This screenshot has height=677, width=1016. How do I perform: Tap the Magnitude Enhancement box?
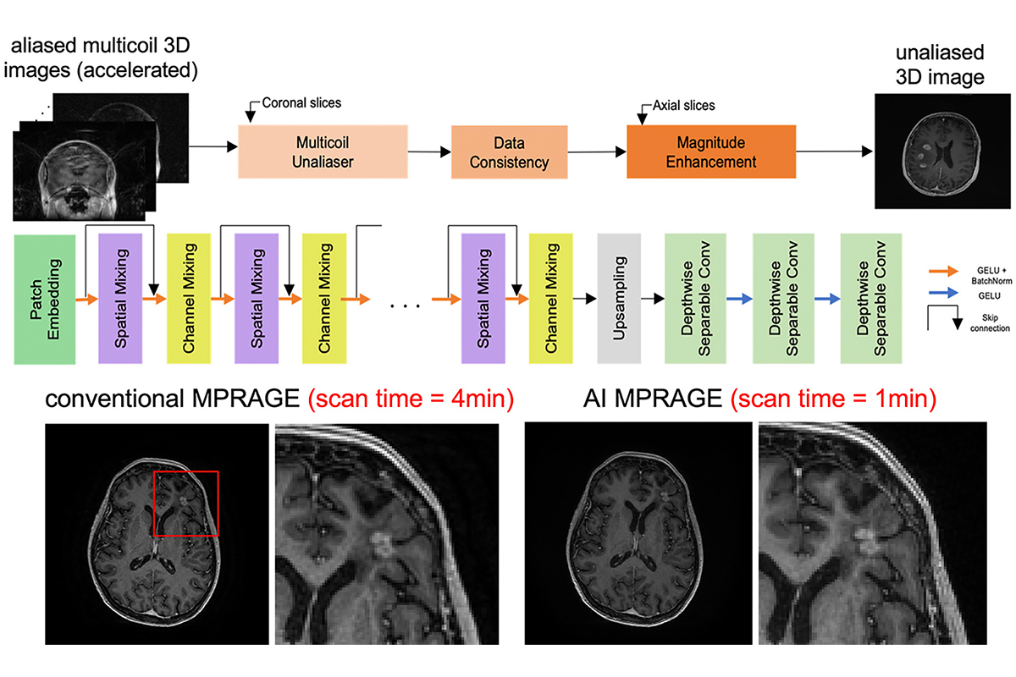(711, 151)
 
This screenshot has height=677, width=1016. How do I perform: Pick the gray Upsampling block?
(616, 288)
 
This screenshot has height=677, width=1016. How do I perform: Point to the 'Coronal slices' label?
(301, 104)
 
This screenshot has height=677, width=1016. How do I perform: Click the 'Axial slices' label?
(683, 106)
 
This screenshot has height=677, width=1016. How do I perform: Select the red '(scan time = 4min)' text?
(411, 399)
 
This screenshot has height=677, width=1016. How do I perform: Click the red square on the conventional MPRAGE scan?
(185, 504)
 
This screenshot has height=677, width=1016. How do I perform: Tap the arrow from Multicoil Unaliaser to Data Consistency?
(431, 152)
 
